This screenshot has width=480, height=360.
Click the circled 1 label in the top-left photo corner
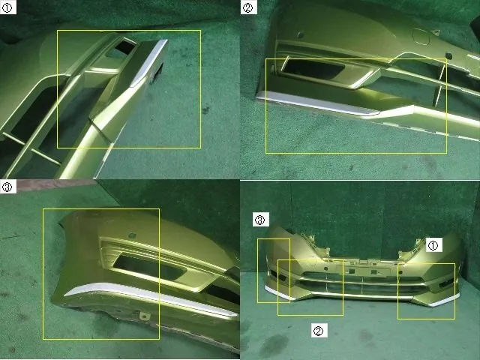pos(8,7)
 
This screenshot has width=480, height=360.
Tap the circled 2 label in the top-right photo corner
pos(248,7)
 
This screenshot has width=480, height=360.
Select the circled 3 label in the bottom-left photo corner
pos(8,187)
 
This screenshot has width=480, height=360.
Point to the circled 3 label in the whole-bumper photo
pos(260,220)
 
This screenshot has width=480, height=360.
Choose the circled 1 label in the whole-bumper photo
pos(433,245)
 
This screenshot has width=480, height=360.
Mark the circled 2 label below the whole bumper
pos(319,330)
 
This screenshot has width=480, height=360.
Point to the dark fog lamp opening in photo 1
pos(125,46)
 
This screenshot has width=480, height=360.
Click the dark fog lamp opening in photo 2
pos(313,70)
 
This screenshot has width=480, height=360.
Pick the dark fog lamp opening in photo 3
pos(149,267)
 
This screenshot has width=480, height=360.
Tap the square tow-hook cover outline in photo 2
pos(421,37)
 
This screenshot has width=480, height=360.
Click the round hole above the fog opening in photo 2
pos(300,35)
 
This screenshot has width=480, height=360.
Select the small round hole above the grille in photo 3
pos(132,235)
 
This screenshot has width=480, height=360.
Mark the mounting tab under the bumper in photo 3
pos(144,316)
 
